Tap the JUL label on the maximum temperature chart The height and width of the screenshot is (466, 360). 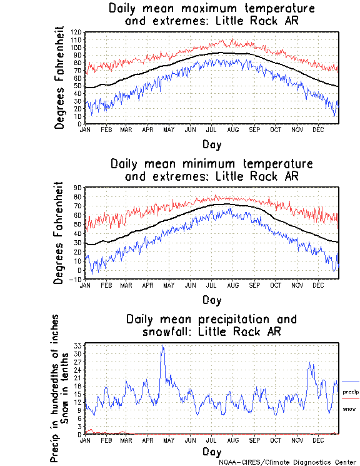(212, 129)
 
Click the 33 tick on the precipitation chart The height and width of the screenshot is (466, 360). (79, 345)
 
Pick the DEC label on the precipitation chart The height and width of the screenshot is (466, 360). (318, 440)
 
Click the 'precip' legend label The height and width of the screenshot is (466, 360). (351, 392)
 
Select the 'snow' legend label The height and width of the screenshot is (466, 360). (349, 408)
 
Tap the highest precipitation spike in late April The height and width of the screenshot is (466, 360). (163, 345)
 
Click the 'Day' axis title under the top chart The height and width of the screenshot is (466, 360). (211, 144)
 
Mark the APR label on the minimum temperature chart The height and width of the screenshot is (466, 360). (147, 285)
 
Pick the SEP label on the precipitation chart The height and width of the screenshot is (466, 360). (254, 440)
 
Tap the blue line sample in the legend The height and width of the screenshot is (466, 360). (351, 382)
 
